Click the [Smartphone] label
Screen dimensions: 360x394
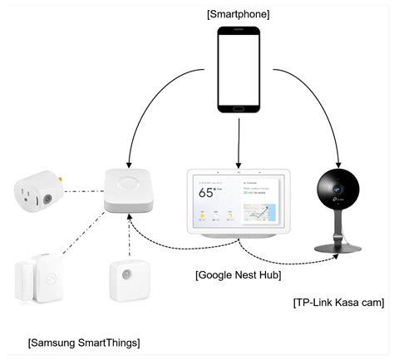(239, 13)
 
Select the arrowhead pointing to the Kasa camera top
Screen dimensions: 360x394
(338, 163)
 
